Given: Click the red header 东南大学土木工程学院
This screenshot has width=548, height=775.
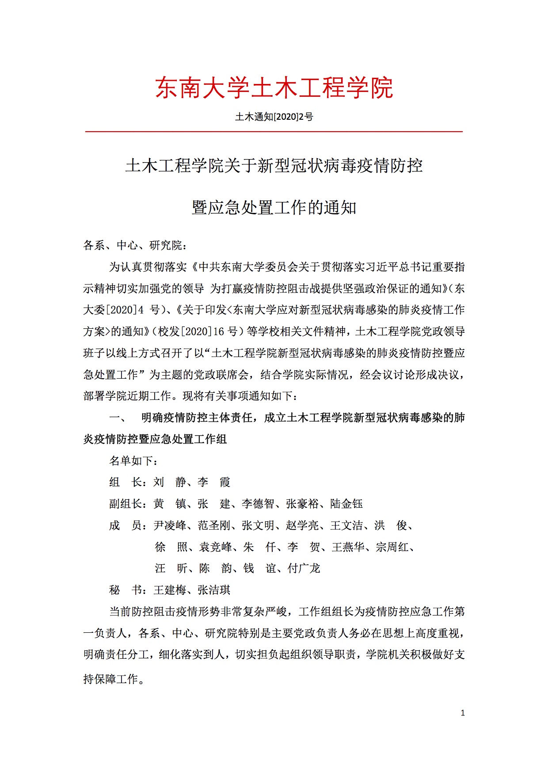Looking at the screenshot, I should (x=274, y=87).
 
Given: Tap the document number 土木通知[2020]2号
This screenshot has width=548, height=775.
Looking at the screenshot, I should (x=274, y=117).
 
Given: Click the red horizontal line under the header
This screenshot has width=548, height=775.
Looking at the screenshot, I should (x=274, y=131).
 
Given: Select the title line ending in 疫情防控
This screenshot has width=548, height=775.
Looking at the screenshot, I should (x=274, y=166).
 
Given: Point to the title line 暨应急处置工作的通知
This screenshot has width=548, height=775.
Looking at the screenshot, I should (x=274, y=207).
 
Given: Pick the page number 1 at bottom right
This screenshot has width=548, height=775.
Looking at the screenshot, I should (x=463, y=713).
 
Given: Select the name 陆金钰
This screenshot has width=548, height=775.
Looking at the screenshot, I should (x=346, y=504).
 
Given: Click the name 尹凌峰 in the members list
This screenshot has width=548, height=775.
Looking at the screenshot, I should (x=170, y=525).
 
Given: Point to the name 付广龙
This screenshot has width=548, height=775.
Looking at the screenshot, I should (x=304, y=568).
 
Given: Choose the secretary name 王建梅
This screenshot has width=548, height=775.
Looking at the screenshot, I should (x=170, y=590).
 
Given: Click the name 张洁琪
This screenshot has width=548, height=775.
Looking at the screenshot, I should (x=214, y=590).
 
